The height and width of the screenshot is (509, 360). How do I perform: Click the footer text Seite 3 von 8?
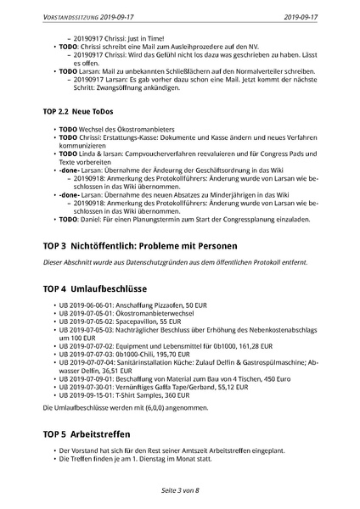point(179,491)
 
